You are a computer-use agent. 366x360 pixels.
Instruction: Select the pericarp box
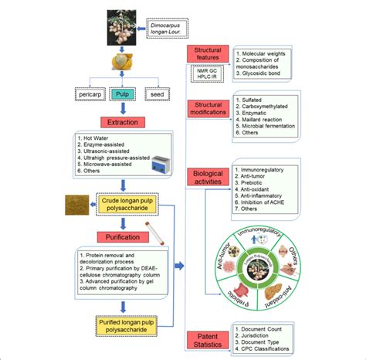point(89,93)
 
